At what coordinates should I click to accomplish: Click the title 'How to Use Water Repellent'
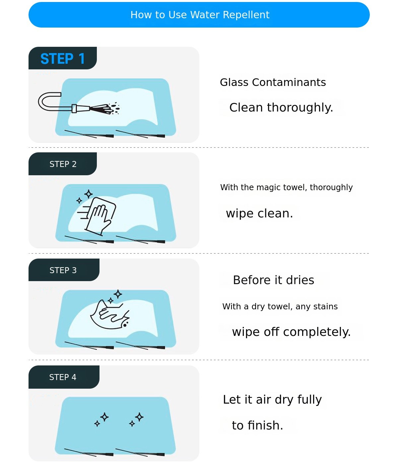tap(200, 15)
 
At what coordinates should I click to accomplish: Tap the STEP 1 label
tap(62, 59)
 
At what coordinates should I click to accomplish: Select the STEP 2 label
tap(63, 164)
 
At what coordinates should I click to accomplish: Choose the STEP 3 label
tap(63, 270)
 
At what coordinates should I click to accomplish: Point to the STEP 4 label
tap(63, 377)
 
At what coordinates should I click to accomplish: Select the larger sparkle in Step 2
tap(89, 194)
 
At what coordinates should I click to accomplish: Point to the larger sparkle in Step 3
tap(118, 294)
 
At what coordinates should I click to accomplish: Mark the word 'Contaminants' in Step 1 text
tap(289, 82)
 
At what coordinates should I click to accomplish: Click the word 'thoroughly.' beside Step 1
tap(300, 108)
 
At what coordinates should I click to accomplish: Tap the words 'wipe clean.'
tap(259, 213)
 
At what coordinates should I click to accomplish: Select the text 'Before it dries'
tap(273, 280)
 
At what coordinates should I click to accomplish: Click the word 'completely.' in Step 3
tap(317, 332)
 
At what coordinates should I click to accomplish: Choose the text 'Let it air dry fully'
tap(272, 400)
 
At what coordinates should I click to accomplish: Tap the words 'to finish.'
tap(257, 426)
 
